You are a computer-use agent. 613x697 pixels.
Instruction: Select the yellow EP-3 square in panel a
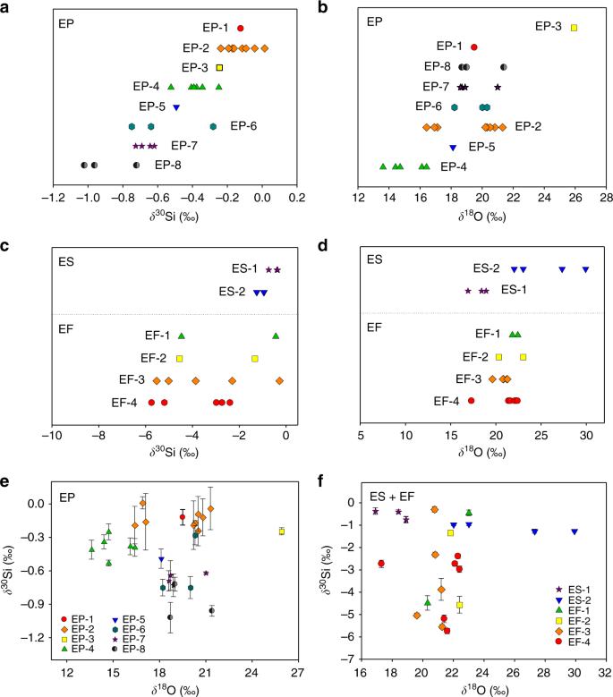pos(219,67)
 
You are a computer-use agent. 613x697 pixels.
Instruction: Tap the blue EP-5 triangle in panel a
pos(176,107)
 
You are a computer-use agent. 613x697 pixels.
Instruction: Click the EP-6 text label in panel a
pos(243,126)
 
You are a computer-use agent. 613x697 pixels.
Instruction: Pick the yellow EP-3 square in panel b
pos(575,28)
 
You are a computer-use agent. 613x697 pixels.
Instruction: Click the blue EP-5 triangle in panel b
pos(453,147)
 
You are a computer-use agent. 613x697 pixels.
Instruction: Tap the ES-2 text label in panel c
pos(234,292)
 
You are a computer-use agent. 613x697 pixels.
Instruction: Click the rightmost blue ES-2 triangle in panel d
pos(586,269)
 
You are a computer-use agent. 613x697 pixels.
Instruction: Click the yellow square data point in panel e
pos(282,531)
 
